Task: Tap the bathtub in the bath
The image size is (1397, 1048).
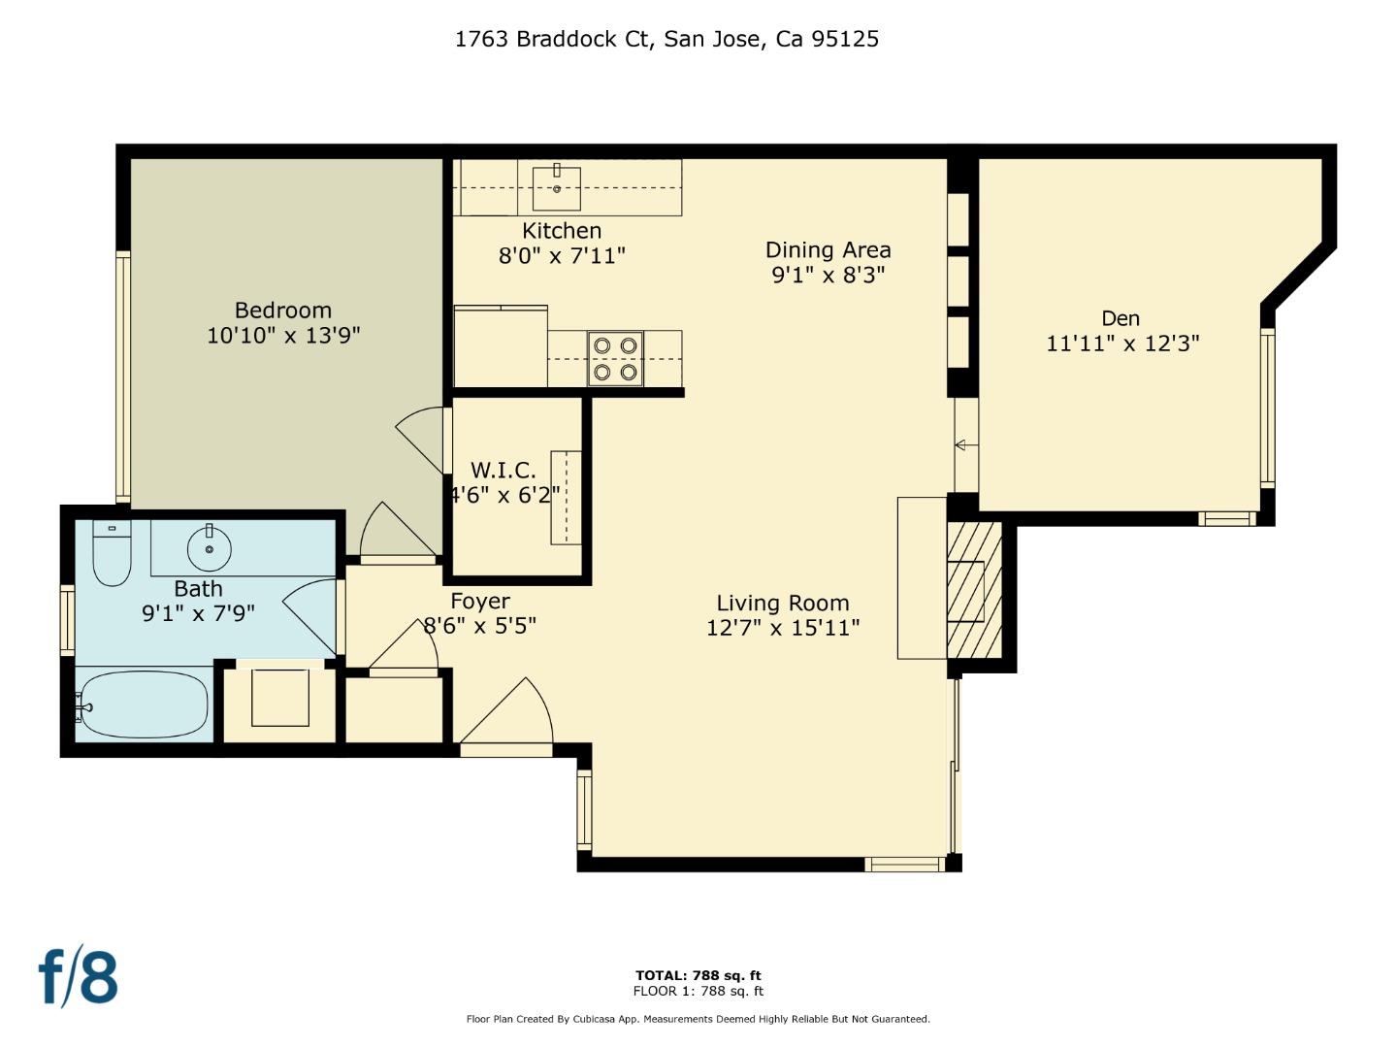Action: click(x=144, y=704)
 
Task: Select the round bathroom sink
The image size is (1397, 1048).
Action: click(x=209, y=548)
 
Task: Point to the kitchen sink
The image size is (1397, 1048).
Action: click(x=557, y=188)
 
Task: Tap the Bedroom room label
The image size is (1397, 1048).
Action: click(x=283, y=311)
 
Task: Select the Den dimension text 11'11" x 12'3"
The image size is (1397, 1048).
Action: click(x=1122, y=344)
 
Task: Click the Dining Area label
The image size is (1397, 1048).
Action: click(x=828, y=250)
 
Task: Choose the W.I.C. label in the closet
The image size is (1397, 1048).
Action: click(x=503, y=471)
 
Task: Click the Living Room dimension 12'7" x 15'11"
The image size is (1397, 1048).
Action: click(x=783, y=628)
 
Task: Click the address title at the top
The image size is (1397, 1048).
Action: click(x=666, y=39)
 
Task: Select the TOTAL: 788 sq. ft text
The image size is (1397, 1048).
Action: click(x=698, y=975)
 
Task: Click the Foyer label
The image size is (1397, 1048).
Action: click(x=479, y=602)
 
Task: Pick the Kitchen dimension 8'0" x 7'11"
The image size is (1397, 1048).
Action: click(x=562, y=256)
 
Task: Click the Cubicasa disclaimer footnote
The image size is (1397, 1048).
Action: click(x=698, y=1019)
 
